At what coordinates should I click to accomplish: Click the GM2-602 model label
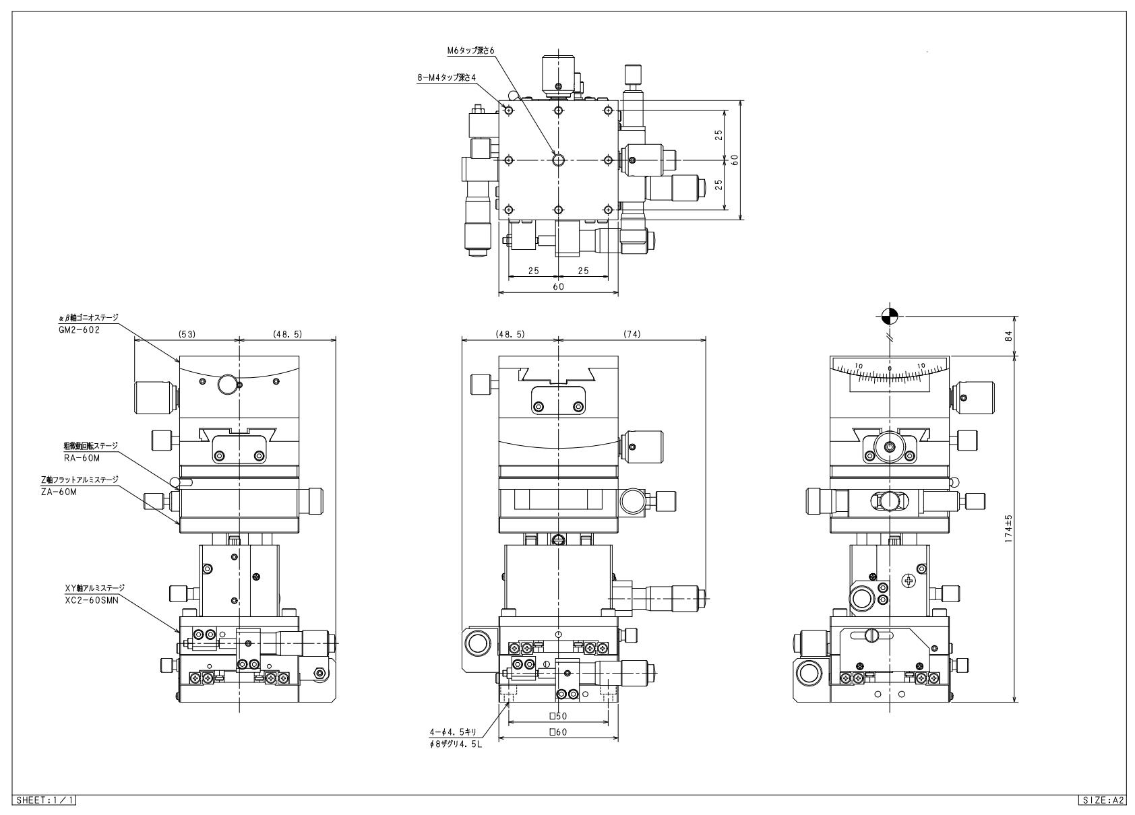[79, 330]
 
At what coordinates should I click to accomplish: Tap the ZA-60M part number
[68, 492]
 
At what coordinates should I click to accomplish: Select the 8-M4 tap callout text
[446, 78]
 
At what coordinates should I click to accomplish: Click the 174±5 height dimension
[1008, 529]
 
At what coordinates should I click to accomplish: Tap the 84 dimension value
[1008, 335]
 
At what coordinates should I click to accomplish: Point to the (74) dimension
[632, 334]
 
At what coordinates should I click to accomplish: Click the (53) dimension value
[187, 334]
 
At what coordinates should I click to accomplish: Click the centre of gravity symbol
[890, 315]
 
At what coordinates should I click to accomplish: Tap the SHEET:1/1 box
[44, 800]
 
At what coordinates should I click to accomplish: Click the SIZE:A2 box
[1101, 800]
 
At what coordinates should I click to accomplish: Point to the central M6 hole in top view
[558, 160]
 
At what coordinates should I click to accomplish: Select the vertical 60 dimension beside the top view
[735, 160]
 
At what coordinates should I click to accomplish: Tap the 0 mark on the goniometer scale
[890, 368]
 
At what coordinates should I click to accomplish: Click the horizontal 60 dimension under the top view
[558, 286]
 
